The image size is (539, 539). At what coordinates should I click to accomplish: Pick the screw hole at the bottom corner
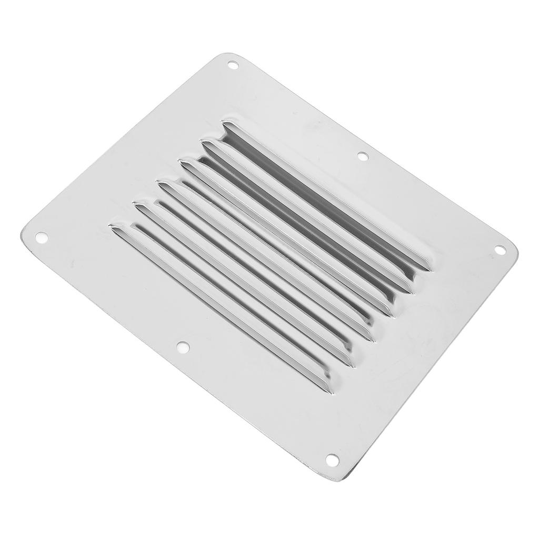(332, 460)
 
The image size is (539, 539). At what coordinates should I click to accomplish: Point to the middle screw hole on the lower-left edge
(182, 347)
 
